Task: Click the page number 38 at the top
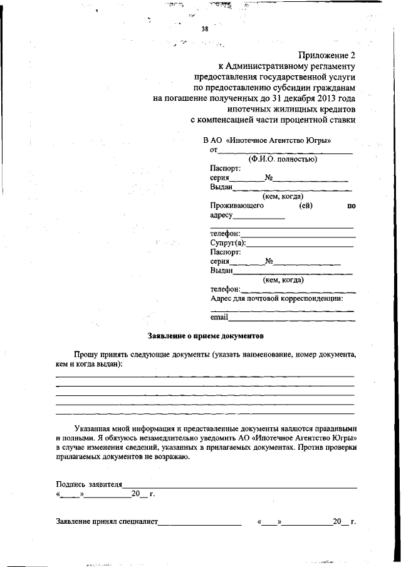[204, 29]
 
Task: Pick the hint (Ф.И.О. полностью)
[281, 159]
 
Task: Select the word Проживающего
[237, 205]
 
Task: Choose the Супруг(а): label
[228, 243]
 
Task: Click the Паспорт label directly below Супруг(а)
[226, 252]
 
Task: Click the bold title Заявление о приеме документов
[205, 336]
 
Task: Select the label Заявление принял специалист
[107, 521]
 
